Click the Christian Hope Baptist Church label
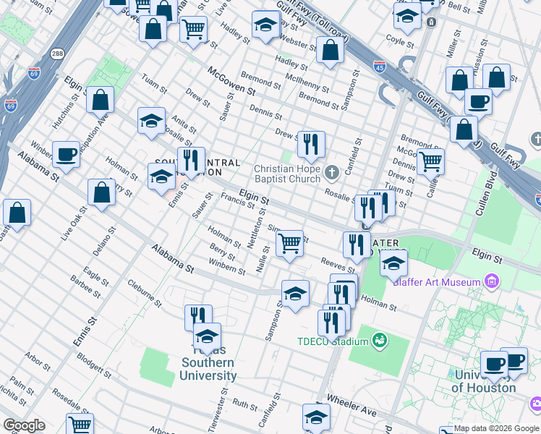click(287, 174)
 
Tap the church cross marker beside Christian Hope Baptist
click(332, 172)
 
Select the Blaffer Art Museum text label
click(436, 281)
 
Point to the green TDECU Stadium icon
click(378, 339)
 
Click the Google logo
click(24, 425)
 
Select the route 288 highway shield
click(57, 54)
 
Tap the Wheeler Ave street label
click(351, 407)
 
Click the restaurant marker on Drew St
click(311, 145)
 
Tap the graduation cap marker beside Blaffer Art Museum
click(393, 264)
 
